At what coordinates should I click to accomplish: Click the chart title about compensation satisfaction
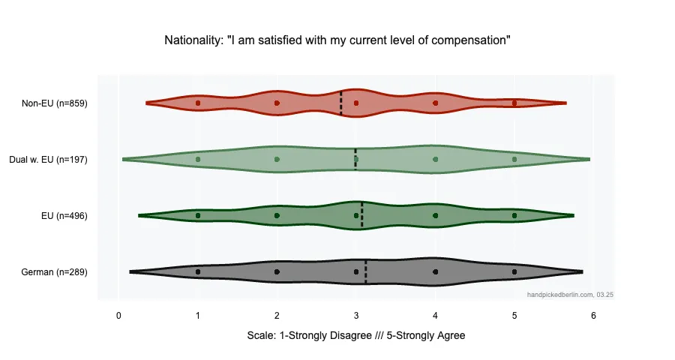[337, 40]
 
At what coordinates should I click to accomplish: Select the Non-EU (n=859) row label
[55, 103]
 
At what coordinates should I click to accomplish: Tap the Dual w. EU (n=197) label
[48, 160]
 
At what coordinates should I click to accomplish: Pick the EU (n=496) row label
[65, 216]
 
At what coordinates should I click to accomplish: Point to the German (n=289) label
[55, 272]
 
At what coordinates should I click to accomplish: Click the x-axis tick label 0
[118, 316]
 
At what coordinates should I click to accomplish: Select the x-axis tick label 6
[593, 316]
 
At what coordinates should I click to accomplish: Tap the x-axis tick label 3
[356, 316]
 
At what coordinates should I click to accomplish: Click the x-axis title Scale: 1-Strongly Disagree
[355, 336]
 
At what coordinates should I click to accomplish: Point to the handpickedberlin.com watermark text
[571, 295]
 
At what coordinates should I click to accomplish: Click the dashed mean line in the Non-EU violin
[341, 103]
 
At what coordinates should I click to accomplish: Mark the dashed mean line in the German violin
[366, 271]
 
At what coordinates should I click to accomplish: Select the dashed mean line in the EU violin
[362, 215]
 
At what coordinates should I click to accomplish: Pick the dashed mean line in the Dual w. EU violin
[355, 159]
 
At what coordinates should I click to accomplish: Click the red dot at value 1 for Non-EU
[198, 103]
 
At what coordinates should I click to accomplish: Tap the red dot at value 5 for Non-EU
[514, 103]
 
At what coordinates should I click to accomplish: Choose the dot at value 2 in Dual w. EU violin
[277, 159]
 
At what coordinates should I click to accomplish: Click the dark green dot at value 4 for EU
[435, 215]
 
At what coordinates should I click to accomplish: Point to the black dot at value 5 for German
[514, 271]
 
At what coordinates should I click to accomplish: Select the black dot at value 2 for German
[277, 271]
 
